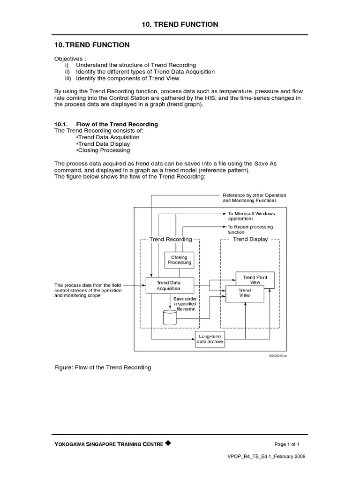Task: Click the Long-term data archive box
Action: click(210, 339)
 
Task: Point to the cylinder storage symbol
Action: click(169, 317)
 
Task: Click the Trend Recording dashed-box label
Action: click(171, 239)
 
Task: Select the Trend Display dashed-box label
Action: click(250, 239)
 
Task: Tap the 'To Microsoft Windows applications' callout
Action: click(251, 216)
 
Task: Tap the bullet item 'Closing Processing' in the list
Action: click(103, 150)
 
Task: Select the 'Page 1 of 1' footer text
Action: click(287, 444)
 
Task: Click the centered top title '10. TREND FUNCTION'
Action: click(180, 24)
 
